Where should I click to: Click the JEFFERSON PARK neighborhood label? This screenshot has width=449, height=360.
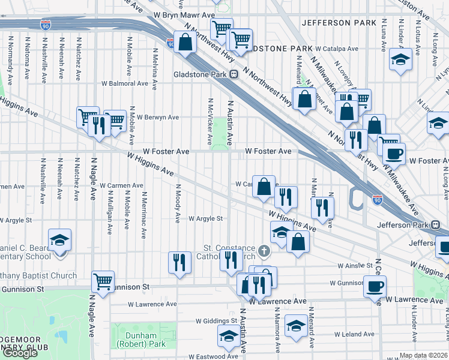pyautogui.click(x=334, y=23)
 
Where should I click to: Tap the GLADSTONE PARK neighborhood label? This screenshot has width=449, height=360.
pyautogui.click(x=279, y=48)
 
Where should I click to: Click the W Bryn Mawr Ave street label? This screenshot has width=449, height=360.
pyautogui.click(x=184, y=14)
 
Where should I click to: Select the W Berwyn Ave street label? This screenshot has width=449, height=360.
pyautogui.click(x=158, y=118)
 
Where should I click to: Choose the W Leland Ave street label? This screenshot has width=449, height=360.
pyautogui.click(x=354, y=334)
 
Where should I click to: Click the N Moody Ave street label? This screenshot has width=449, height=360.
pyautogui.click(x=178, y=203)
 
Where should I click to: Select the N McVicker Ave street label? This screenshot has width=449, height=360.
pyautogui.click(x=209, y=122)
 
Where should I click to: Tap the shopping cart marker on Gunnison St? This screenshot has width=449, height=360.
pyautogui.click(x=103, y=281)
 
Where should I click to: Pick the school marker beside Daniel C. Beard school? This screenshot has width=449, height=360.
pyautogui.click(x=59, y=242)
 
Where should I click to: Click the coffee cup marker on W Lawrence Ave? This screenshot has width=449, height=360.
pyautogui.click(x=375, y=287)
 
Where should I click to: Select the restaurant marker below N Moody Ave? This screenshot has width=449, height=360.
pyautogui.click(x=179, y=263)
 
